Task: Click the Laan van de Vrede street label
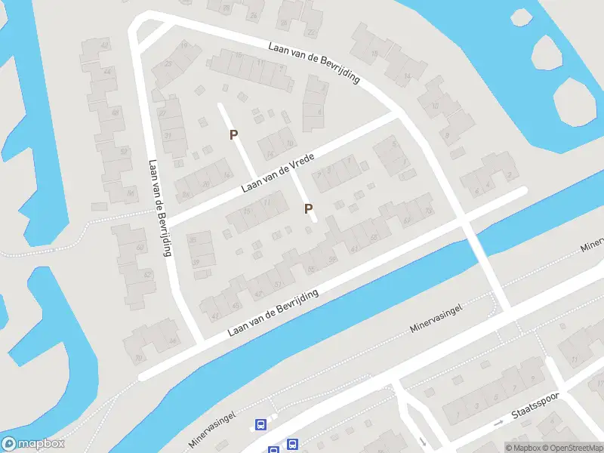tap(277, 171)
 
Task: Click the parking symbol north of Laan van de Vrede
tap(234, 134)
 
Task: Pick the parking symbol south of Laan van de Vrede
tap(308, 208)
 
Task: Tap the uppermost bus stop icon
tap(260, 425)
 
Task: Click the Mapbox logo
tap(33, 444)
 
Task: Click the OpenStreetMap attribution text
tap(571, 448)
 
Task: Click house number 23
tap(167, 63)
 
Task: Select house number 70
tap(138, 358)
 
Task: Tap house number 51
tap(279, 284)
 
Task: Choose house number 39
tap(196, 262)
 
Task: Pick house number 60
tap(140, 248)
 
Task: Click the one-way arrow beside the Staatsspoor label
tap(498, 424)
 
